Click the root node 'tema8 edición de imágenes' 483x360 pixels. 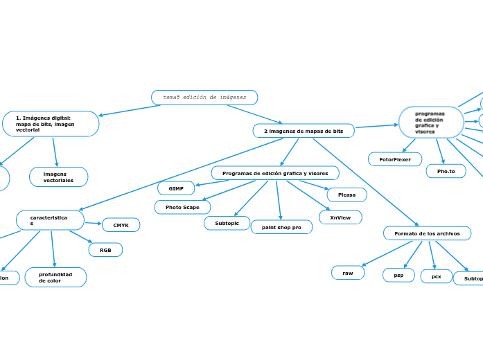204,98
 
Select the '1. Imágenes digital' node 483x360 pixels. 51,124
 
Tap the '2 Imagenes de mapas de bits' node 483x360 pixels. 304,131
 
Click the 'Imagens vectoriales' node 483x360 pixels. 59,177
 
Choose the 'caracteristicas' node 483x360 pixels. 50,220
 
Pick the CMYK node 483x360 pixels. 121,225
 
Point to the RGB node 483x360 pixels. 105,250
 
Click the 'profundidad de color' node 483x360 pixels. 55,278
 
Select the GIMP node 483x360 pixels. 176,188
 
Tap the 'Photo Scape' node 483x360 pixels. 182,207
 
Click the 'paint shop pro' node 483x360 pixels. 281,227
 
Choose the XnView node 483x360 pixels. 340,217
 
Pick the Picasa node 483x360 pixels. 346,195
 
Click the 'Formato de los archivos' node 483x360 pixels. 427,233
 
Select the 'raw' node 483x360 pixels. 348,273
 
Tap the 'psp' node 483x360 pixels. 398,276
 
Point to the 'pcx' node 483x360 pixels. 436,276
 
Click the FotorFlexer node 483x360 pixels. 395,159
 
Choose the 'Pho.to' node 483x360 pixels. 446,171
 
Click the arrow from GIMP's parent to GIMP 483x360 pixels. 211,183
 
